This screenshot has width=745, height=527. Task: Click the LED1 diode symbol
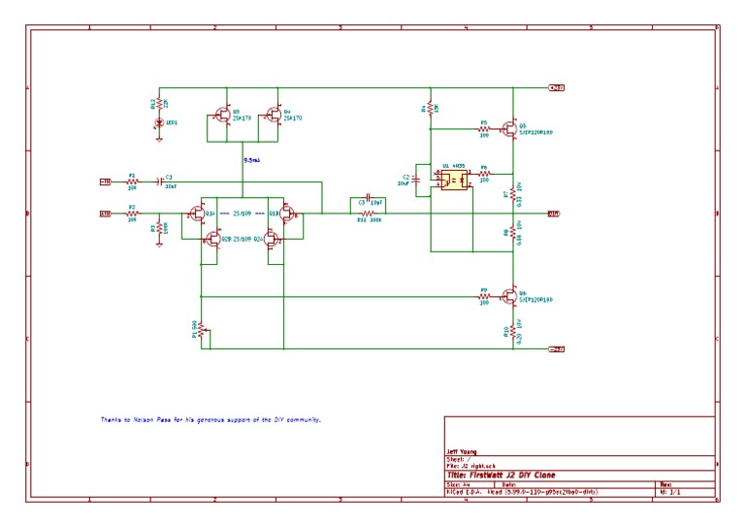pyautogui.click(x=159, y=122)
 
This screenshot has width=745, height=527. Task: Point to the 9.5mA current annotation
pyautogui.click(x=250, y=159)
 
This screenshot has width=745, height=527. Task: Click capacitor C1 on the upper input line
pyautogui.click(x=160, y=181)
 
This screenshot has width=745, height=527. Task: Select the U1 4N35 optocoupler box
pyautogui.click(x=454, y=180)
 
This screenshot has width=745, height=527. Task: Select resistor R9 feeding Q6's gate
pyautogui.click(x=482, y=295)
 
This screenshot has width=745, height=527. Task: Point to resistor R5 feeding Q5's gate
pyautogui.click(x=482, y=128)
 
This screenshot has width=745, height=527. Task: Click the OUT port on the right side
pyautogui.click(x=553, y=214)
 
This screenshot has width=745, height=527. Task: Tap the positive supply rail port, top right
pyautogui.click(x=557, y=87)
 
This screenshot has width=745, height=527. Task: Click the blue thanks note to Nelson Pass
pyautogui.click(x=211, y=419)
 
